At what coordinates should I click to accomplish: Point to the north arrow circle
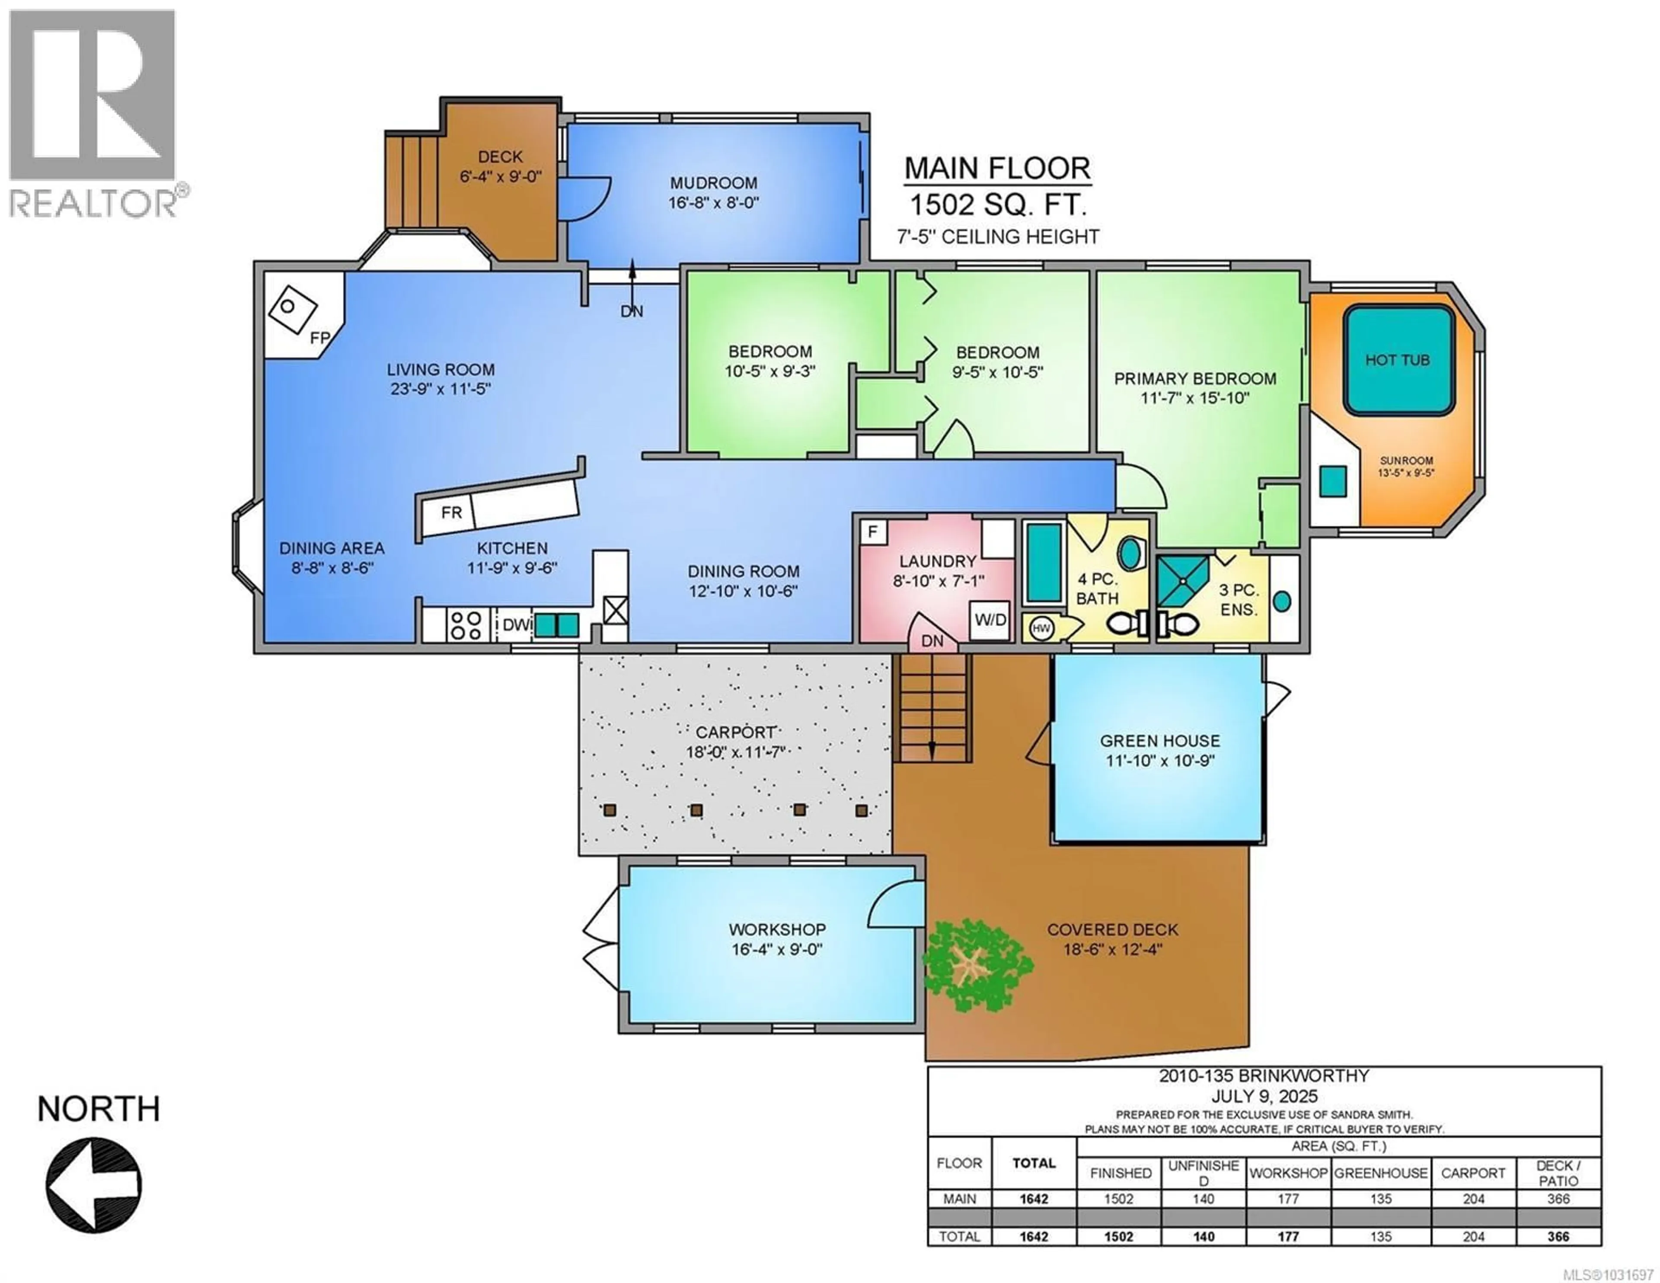pos(93,1184)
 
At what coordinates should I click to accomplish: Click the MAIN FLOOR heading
pos(997,168)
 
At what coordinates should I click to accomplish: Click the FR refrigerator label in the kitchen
pos(451,512)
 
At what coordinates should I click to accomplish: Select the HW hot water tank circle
pos(1041,628)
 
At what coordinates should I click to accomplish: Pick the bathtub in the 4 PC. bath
pos(1044,563)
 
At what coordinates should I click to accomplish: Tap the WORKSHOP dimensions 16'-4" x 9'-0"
pos(777,949)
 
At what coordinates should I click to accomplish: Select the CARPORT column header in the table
pos(1472,1173)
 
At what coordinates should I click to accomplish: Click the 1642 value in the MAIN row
pos(1034,1199)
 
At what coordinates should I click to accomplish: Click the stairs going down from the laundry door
pos(932,707)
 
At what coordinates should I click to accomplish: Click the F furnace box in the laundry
pos(872,531)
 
